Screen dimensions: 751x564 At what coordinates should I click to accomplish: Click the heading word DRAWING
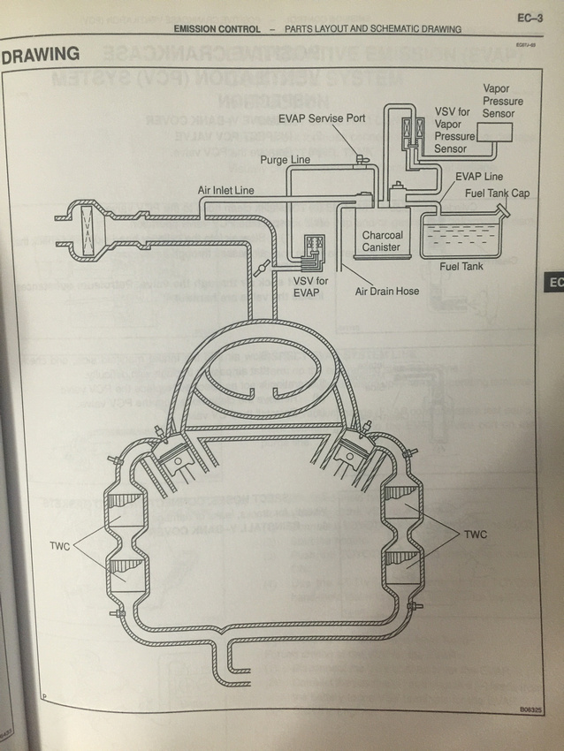41,55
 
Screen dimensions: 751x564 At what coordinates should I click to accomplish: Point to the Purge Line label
286,160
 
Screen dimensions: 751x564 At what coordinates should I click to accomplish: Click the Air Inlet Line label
226,190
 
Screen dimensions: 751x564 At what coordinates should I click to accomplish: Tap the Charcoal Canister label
381,241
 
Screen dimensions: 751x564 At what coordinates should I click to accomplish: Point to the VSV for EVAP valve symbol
311,252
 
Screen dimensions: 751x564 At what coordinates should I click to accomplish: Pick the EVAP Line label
479,177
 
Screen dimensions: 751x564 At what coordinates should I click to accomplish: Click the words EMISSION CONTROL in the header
217,29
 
